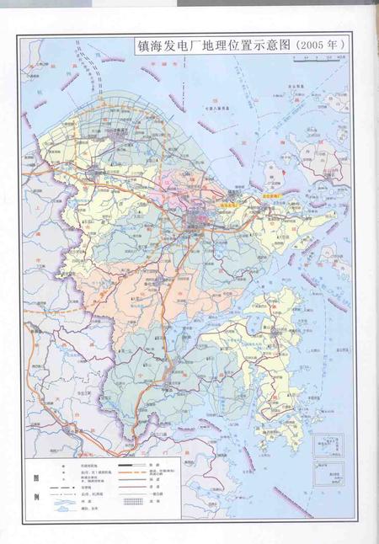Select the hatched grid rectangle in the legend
click(130, 502)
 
